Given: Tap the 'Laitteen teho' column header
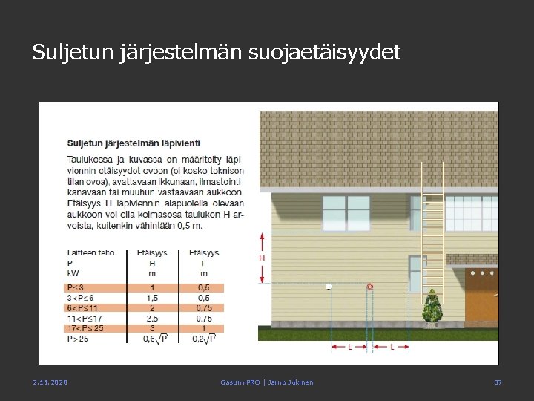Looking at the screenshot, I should coord(90,252).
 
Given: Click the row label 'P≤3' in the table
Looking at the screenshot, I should coord(76,287).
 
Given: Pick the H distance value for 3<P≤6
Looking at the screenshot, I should coord(152,298).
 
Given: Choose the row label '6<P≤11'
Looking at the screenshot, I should coord(82,307).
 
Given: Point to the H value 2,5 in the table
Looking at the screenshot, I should coord(152,318).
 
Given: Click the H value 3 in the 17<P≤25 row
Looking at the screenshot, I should coord(152,328).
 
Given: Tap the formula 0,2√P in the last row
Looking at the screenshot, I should coord(203,339).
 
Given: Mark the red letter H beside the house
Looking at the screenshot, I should coord(262,258).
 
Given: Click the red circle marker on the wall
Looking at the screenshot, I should coord(370,287).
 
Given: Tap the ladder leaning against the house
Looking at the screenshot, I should coord(432,230).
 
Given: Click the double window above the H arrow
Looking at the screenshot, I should coord(346,213).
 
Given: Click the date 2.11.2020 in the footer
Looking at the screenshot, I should coord(50,382).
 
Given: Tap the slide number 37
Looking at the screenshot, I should coord(498,382).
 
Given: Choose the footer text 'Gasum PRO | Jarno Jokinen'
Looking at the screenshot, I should coord(267,382).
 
